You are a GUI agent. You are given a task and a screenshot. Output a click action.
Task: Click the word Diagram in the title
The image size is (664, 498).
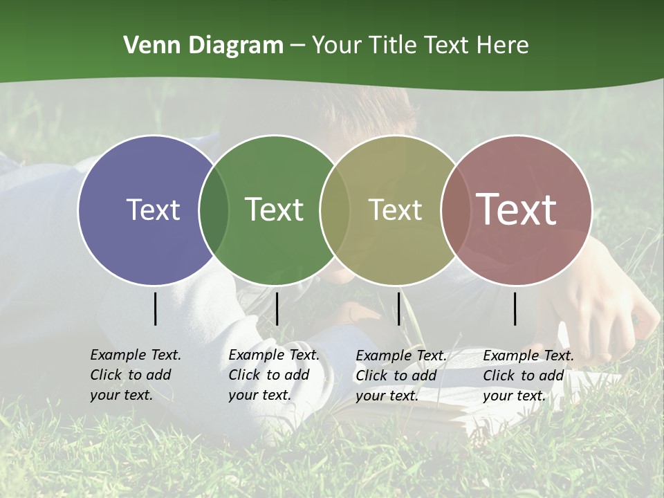236,46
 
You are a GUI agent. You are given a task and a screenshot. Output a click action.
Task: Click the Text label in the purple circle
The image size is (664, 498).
153,210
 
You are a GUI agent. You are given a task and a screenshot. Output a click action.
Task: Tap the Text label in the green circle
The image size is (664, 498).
274,210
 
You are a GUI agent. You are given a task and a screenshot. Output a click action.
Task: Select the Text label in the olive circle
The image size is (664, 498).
395,210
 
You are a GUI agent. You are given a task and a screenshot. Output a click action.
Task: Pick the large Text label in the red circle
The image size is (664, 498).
517,210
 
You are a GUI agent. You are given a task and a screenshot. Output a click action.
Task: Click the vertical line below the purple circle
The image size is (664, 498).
156,308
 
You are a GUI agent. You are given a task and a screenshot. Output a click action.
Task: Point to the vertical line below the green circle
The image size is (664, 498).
277,308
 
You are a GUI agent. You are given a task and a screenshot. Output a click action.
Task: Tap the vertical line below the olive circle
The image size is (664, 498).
399,308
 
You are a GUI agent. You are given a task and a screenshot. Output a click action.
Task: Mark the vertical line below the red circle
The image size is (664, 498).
515,308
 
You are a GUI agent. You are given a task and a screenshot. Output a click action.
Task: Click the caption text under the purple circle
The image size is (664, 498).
135,375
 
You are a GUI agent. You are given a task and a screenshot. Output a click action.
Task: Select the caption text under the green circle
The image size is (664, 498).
273,375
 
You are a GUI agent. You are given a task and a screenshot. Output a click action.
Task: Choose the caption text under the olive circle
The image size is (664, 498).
400,376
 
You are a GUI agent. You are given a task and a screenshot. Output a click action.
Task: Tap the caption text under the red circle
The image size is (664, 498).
528,376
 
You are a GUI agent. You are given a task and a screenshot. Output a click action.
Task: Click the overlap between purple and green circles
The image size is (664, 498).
214,210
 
